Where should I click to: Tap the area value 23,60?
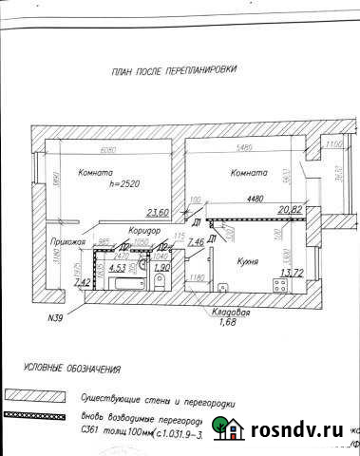pyautogui.click(x=157, y=213)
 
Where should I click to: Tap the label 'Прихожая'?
pyautogui.click(x=68, y=243)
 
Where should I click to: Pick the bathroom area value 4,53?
pyautogui.click(x=118, y=269)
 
